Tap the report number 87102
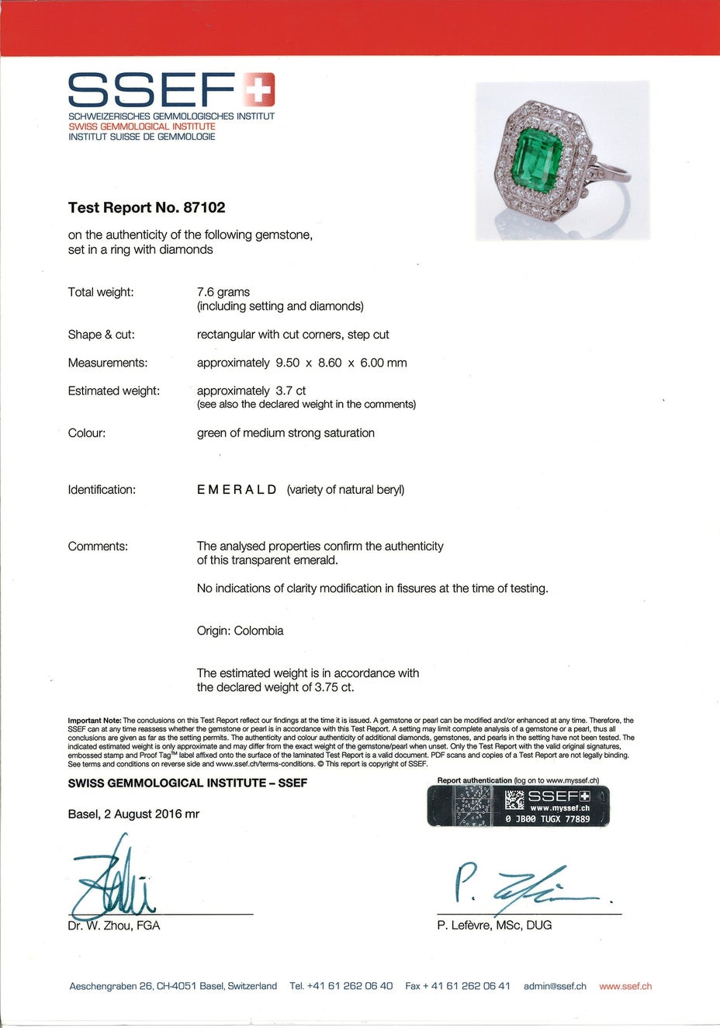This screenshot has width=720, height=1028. click(x=204, y=207)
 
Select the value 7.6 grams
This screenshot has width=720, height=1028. click(x=223, y=292)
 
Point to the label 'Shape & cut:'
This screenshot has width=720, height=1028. click(x=101, y=335)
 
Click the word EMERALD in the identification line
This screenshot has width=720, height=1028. click(x=237, y=490)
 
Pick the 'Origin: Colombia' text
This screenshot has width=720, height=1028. click(x=240, y=630)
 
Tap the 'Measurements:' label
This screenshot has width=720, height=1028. click(x=107, y=363)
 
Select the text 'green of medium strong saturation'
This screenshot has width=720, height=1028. click(x=286, y=433)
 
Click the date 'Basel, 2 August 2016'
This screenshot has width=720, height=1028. click(x=124, y=814)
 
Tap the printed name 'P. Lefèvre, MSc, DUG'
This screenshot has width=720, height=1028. click(x=494, y=925)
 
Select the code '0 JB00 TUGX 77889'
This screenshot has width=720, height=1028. click(x=548, y=818)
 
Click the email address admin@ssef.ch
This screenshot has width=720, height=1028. click(x=555, y=986)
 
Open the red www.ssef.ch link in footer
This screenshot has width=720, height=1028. click(x=625, y=986)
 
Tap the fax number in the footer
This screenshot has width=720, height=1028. click(x=458, y=986)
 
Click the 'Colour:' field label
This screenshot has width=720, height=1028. click(x=87, y=433)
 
